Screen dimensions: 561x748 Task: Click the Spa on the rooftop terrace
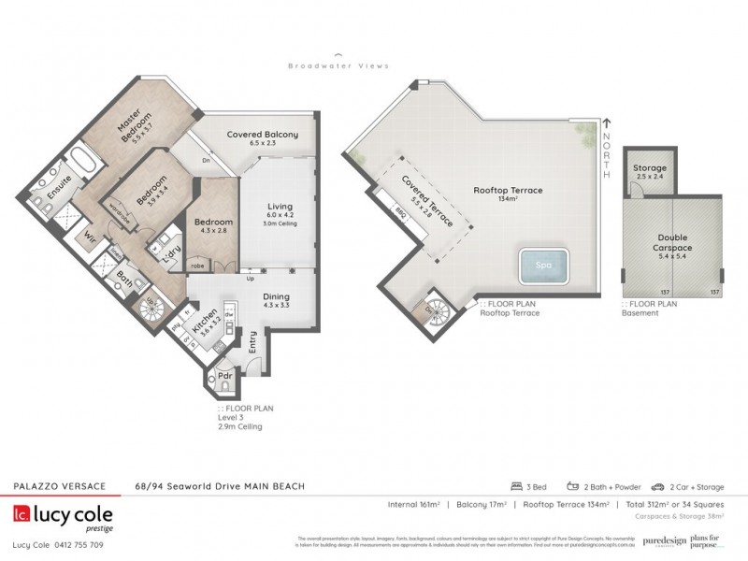click(x=543, y=265)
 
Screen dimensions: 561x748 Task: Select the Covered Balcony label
click(x=263, y=139)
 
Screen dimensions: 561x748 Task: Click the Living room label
click(x=280, y=211)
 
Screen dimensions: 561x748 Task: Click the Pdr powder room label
click(x=224, y=377)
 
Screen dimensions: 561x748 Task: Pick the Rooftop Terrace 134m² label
click(x=508, y=194)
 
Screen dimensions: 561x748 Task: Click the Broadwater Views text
click(x=338, y=65)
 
